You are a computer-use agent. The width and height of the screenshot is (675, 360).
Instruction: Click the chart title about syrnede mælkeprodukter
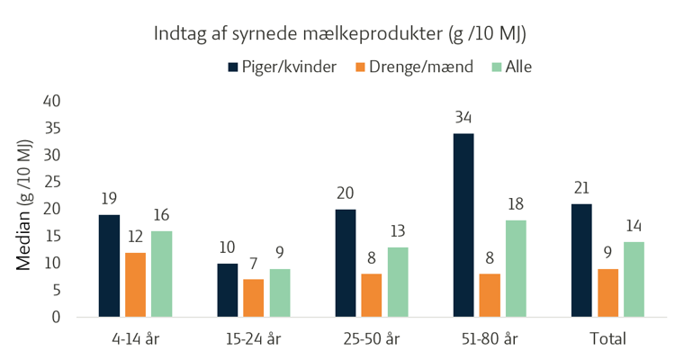pos(337,35)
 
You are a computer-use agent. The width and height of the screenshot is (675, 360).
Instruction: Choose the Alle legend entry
pos(512,67)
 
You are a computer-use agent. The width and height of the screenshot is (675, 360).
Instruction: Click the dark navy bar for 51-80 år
pos(463,225)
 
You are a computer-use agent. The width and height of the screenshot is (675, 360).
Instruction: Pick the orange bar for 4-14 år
pos(136,284)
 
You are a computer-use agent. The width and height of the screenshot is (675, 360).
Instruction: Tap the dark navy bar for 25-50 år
pos(346,263)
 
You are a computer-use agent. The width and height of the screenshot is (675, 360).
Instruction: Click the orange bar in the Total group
pos(608,292)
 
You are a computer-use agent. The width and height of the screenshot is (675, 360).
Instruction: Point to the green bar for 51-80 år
pos(516,268)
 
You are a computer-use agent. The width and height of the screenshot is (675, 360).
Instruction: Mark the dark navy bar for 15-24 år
pos(228,290)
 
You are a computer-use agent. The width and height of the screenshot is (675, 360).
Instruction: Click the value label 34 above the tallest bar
pos(463,117)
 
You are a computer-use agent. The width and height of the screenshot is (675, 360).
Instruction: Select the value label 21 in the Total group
pos(582,187)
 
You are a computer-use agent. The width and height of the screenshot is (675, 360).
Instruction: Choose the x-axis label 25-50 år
pos(371,339)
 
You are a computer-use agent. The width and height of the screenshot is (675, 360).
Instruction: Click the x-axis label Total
pos(608,339)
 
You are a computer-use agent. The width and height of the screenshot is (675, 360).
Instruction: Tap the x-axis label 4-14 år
pos(135,339)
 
